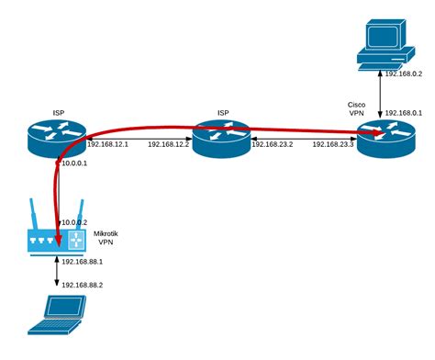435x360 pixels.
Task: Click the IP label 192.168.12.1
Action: tap(107, 145)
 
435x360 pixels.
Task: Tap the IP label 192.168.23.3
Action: tap(333, 145)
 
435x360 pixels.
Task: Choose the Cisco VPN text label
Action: tap(357, 109)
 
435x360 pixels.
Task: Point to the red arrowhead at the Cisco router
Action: tap(376, 134)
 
